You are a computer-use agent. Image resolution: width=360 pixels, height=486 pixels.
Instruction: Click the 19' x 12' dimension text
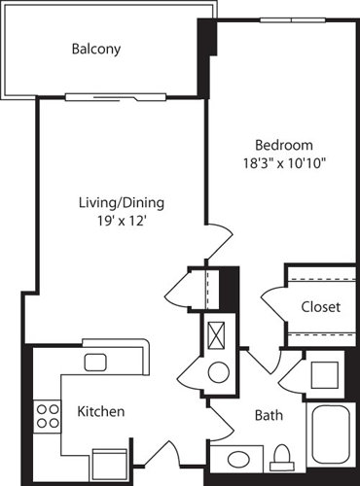click(121, 222)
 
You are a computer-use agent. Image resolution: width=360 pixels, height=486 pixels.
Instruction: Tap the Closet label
click(320, 307)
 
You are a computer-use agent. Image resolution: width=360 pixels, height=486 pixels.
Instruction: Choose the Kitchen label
click(100, 412)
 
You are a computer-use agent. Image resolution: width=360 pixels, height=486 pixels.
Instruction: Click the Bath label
click(269, 416)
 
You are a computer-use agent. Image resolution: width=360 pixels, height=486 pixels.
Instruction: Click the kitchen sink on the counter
click(95, 363)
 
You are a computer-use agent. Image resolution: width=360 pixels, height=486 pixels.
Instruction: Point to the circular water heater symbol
click(219, 371)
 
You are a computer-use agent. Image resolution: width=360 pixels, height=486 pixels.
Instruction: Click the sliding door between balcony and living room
click(103, 96)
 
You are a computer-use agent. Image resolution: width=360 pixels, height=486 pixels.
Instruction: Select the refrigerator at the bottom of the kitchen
click(110, 461)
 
